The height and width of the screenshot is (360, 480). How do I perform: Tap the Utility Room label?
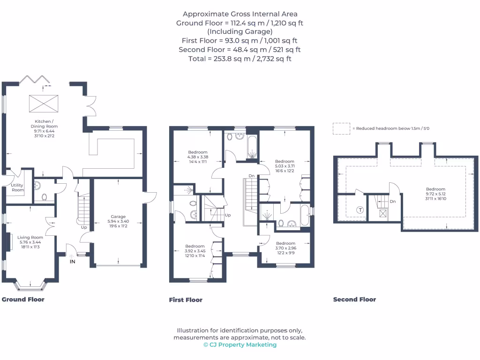(17, 187)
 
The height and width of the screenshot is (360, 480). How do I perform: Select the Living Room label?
(30, 240)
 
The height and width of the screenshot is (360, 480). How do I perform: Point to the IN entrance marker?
(72, 261)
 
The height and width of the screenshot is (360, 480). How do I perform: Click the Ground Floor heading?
(23, 299)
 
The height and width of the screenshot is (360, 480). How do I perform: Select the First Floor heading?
(186, 300)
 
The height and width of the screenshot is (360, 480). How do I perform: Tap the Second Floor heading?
(354, 299)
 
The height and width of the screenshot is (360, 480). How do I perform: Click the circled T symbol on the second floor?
(360, 210)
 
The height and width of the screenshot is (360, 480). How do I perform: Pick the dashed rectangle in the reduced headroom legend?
(341, 128)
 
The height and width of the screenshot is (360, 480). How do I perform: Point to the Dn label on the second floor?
(393, 202)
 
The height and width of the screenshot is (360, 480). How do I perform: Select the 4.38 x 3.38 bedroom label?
(198, 157)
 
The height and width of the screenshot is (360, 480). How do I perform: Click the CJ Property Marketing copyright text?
(240, 345)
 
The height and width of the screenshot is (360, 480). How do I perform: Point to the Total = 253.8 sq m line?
(240, 59)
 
